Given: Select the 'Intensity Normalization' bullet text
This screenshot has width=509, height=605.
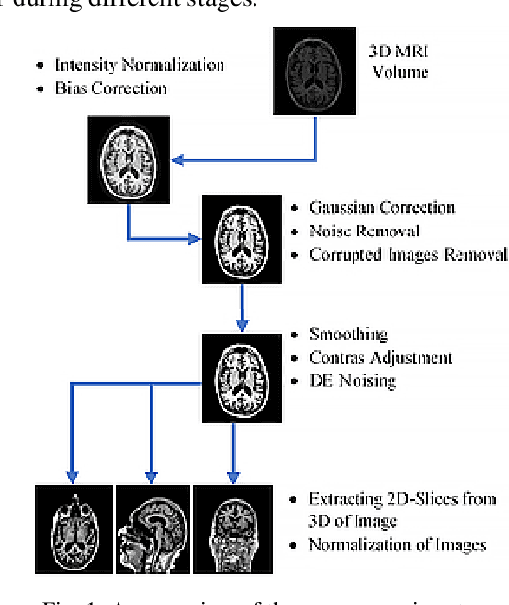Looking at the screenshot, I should pyautogui.click(x=140, y=65).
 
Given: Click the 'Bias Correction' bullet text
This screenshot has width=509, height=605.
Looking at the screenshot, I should pyautogui.click(x=112, y=88).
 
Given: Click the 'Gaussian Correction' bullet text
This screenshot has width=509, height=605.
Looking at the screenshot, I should pyautogui.click(x=381, y=207).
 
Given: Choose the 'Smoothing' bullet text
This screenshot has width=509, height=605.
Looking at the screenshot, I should pyautogui.click(x=348, y=333).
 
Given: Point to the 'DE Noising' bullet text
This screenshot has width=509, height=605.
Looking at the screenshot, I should pyautogui.click(x=352, y=380).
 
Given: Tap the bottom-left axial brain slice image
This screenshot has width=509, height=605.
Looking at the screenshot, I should pyautogui.click(x=74, y=531).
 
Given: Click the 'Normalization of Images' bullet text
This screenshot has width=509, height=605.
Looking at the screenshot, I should pyautogui.click(x=396, y=544).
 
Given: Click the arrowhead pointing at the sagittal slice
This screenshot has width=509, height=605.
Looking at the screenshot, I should pyautogui.click(x=151, y=477).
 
